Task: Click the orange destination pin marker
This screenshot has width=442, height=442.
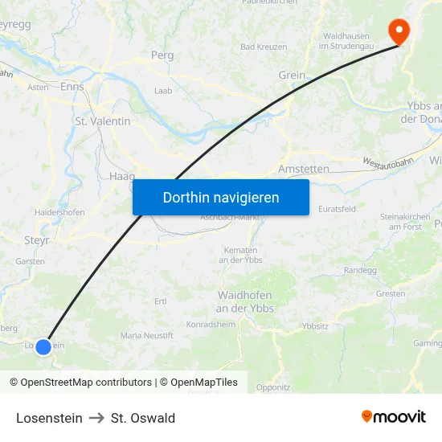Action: [x=398, y=31]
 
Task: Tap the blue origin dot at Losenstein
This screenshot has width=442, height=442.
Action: [x=43, y=346]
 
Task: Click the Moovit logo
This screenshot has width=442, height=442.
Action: [x=394, y=416]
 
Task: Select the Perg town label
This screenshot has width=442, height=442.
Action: [x=162, y=55]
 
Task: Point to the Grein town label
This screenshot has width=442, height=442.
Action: [x=292, y=76]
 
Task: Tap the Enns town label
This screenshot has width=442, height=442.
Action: [x=72, y=86]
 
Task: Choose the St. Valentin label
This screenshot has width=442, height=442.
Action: [x=102, y=121]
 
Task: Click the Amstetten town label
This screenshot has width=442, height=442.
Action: [x=303, y=169]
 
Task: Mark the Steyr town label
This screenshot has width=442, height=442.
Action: [x=37, y=239]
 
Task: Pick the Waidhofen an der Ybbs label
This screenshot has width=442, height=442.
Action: [x=245, y=301]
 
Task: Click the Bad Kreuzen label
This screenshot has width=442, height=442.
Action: [x=264, y=47]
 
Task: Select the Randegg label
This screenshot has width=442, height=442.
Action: [x=359, y=271]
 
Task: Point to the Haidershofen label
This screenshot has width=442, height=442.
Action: [x=59, y=212]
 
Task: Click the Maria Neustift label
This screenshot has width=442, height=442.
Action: [x=146, y=334]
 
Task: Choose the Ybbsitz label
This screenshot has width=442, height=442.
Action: [x=315, y=326]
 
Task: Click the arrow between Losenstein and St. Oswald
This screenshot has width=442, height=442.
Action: [x=96, y=418]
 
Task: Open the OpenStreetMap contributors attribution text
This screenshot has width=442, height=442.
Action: [x=86, y=383]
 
